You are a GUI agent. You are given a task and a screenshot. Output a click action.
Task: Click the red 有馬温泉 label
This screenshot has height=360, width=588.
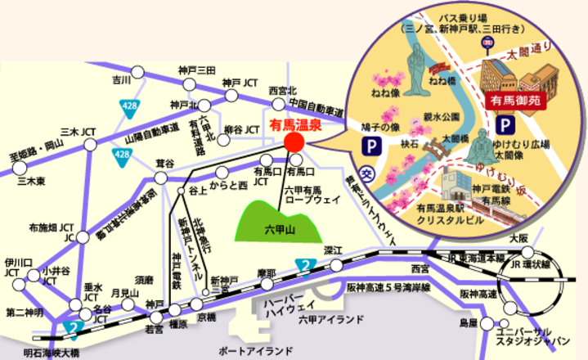(296, 128)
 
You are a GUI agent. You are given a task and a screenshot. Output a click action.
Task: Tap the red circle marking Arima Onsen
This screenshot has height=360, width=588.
(294, 144)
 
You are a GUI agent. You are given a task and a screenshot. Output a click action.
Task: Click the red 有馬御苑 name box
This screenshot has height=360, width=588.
(510, 101)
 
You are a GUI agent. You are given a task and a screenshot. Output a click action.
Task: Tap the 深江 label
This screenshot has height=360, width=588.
(332, 250)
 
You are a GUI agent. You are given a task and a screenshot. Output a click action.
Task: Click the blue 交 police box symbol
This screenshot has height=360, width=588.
(369, 174)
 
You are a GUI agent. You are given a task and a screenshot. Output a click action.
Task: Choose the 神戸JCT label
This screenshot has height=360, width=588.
(239, 84)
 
